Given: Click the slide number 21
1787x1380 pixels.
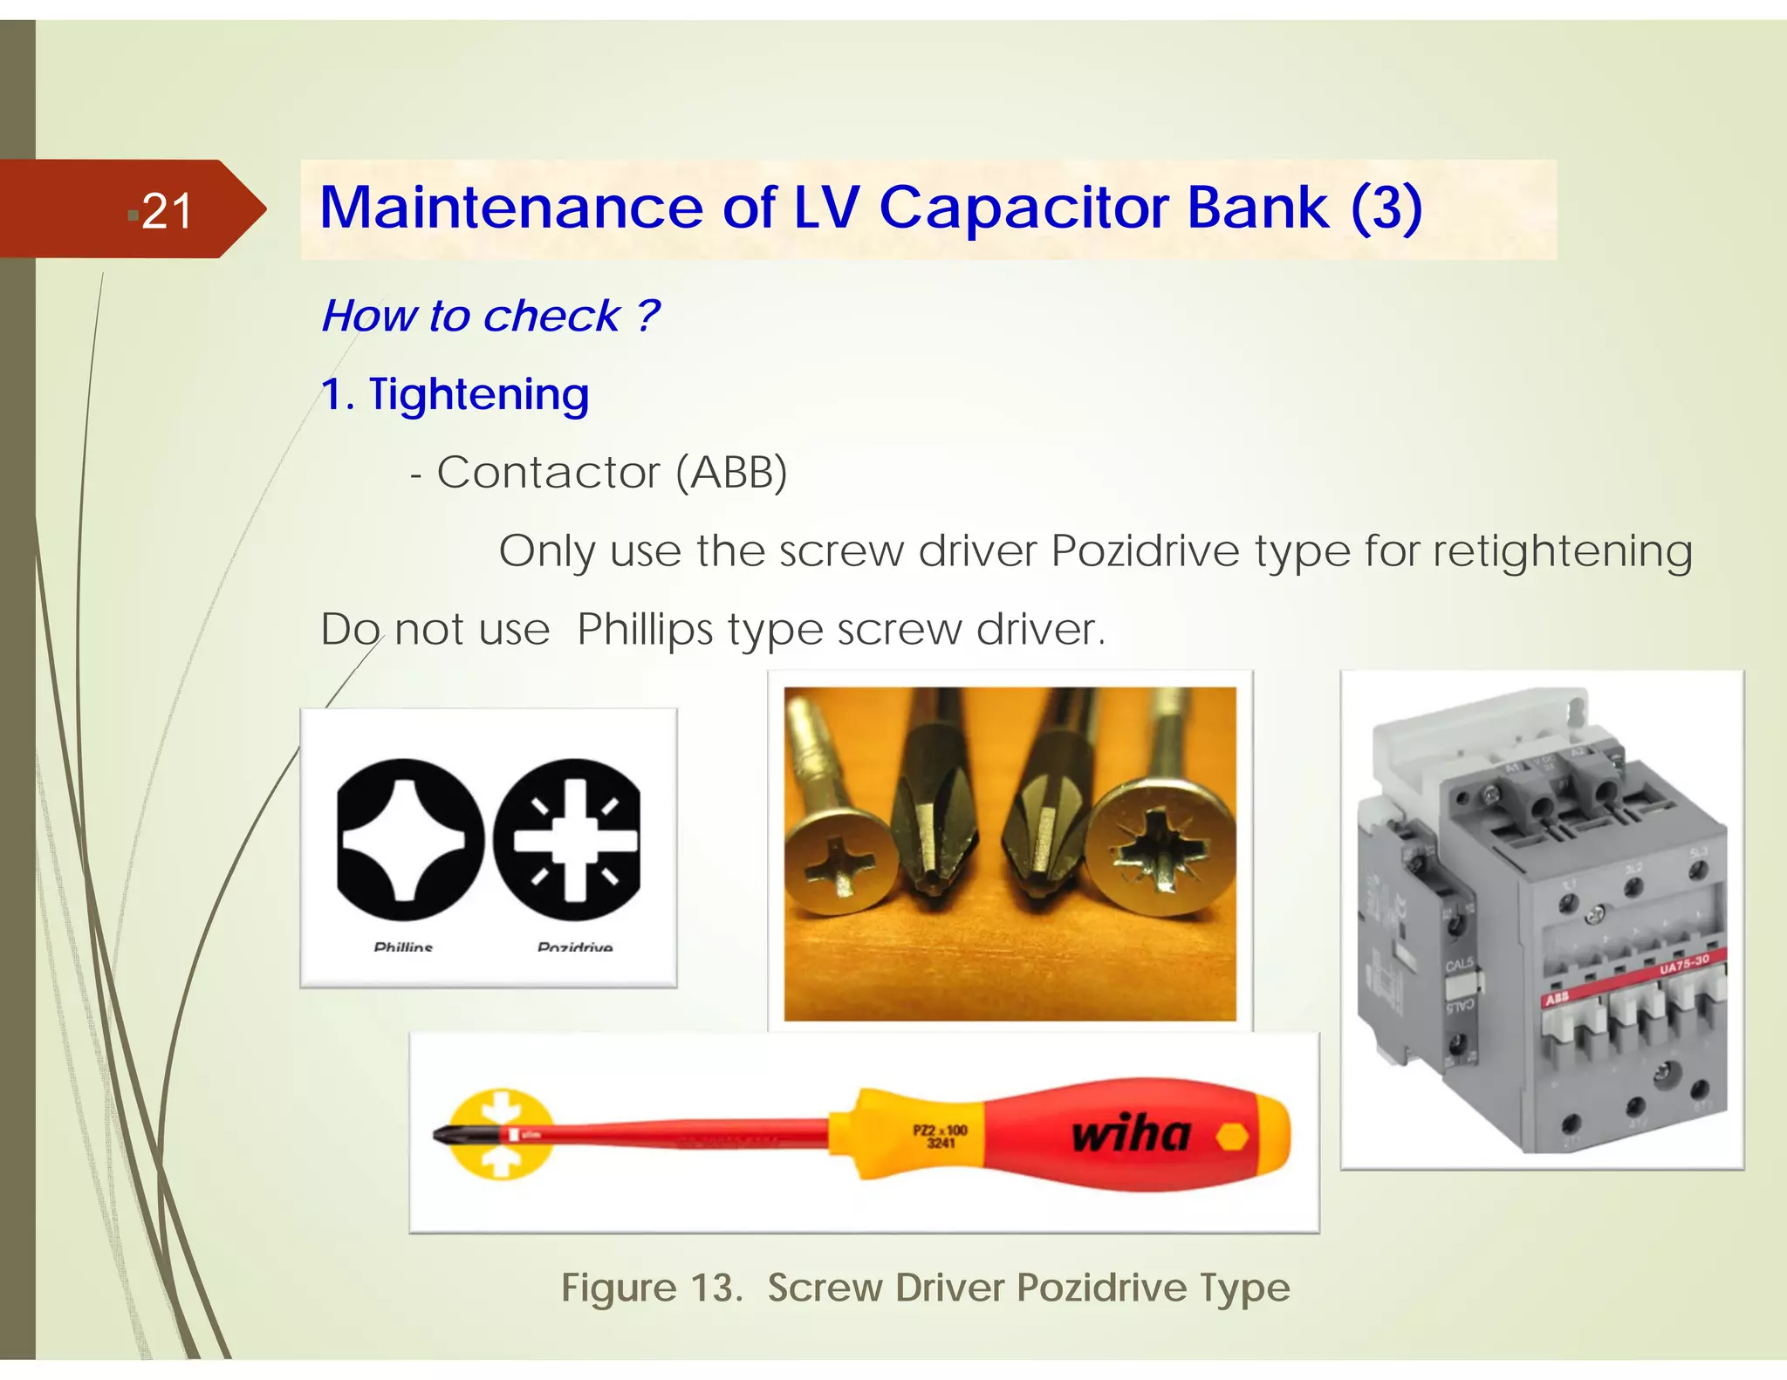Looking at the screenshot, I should [166, 211].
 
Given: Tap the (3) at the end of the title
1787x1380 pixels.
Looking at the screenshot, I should [1386, 208].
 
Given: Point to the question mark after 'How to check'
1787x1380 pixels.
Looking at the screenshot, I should [647, 315].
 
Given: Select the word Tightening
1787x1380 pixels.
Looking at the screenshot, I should [478, 394].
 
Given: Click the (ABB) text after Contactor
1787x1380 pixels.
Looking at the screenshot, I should [731, 473].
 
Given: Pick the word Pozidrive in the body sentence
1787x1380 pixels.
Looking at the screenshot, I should [1144, 550].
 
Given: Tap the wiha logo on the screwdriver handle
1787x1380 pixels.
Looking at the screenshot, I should [1131, 1134].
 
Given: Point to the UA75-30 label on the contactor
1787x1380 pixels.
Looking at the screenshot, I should [1683, 966].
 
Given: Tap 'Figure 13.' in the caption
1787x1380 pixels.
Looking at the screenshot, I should [651, 1288].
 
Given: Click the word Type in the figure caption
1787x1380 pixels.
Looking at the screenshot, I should [1244, 1288].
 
